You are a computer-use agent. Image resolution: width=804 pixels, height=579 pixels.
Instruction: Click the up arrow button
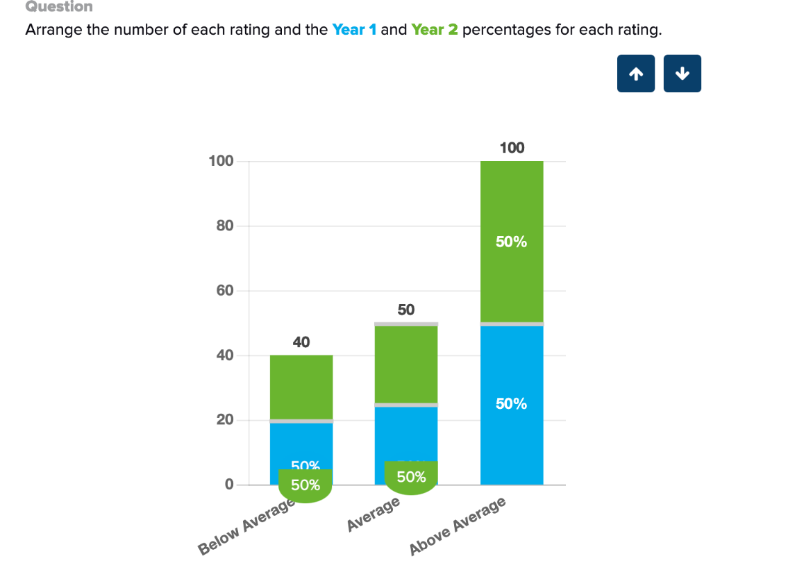635,74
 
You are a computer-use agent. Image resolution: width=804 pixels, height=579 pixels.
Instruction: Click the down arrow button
682,74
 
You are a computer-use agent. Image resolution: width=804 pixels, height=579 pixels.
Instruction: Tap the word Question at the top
59,7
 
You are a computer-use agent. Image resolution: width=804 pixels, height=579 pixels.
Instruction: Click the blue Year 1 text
354,31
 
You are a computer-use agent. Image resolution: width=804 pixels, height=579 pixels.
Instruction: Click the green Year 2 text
435,31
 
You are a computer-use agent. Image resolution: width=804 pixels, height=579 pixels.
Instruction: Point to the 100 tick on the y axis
221,161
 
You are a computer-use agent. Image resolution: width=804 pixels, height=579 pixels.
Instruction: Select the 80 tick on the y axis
224,226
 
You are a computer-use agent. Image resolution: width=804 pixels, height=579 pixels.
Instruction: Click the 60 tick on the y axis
224,291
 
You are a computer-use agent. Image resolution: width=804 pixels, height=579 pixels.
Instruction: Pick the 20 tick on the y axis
224,420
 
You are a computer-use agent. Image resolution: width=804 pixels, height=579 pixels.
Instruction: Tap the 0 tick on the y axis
228,485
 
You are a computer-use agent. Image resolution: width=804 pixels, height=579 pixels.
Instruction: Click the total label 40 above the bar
301,342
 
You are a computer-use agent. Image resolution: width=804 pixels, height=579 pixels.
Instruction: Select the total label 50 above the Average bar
406,310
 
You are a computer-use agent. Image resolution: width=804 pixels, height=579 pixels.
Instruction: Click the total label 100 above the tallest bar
512,148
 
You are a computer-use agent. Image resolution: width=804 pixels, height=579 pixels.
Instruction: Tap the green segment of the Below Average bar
301,387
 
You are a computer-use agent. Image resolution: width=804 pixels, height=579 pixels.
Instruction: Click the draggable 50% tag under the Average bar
411,478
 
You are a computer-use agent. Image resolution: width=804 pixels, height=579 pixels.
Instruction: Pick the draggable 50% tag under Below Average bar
305,485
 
